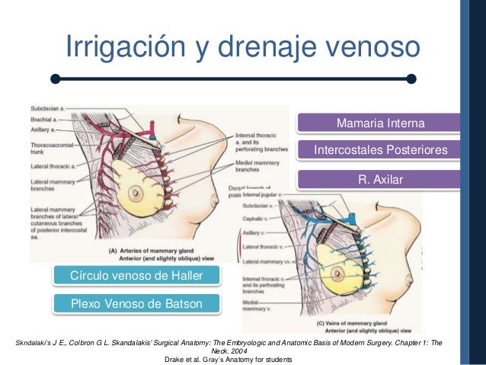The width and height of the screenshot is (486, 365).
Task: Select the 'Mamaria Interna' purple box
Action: (x=379, y=123)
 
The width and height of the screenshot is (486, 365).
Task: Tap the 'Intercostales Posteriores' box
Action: (x=380, y=151)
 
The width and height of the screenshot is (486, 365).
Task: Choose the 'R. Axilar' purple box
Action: (x=379, y=180)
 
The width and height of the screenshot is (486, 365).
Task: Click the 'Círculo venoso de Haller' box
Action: (x=136, y=274)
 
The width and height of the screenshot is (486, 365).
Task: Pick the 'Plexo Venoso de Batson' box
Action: (x=136, y=304)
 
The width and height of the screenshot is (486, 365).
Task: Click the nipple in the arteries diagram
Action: (x=136, y=191)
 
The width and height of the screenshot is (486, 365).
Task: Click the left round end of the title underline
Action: (x=56, y=78)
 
